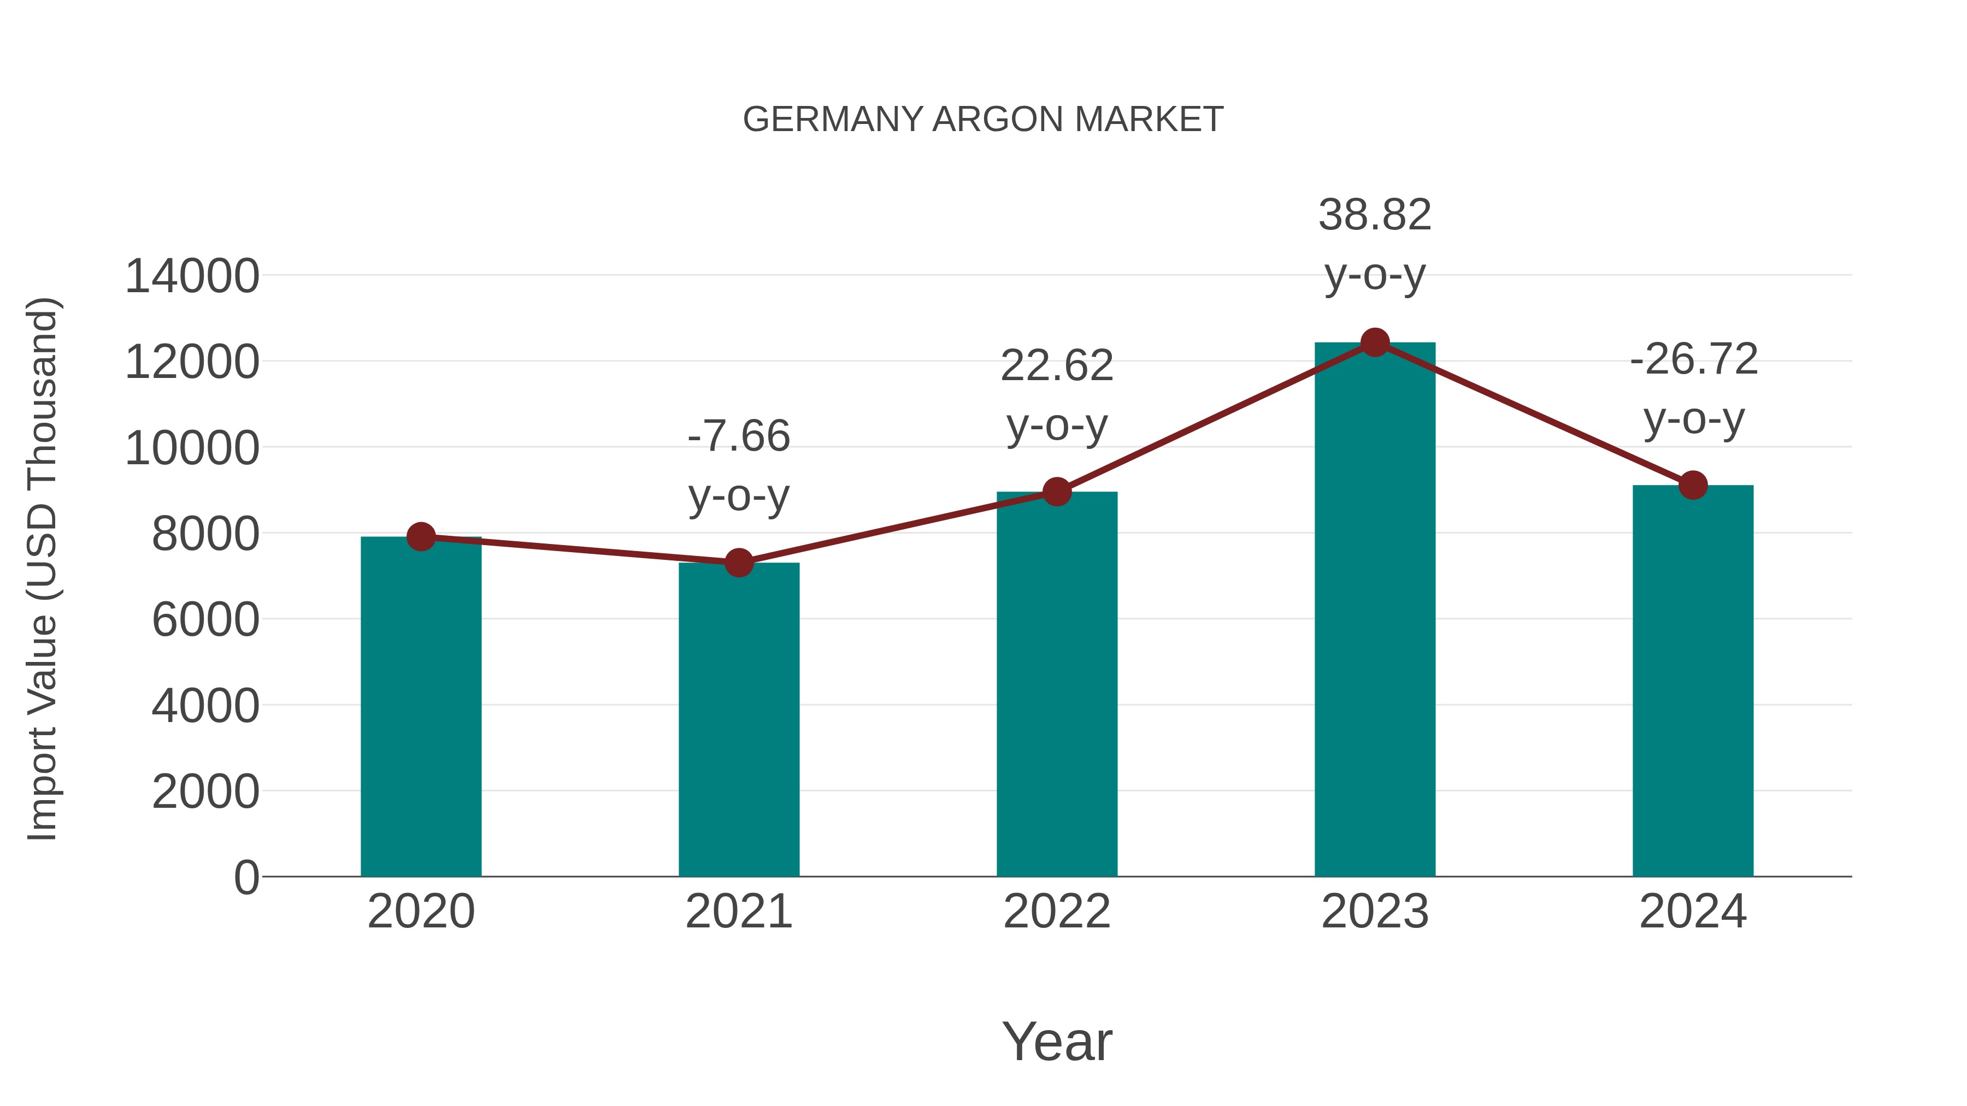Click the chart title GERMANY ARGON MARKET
[x=983, y=120]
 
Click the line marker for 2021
[x=738, y=563]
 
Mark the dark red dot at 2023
[x=1375, y=342]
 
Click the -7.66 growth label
[x=738, y=436]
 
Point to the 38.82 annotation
[x=1375, y=215]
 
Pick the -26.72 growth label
[x=1693, y=359]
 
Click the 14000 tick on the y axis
[x=192, y=276]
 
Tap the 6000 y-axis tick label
[x=205, y=620]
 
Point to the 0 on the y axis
[x=246, y=878]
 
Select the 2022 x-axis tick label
[x=1057, y=912]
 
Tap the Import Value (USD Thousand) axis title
[x=43, y=569]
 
